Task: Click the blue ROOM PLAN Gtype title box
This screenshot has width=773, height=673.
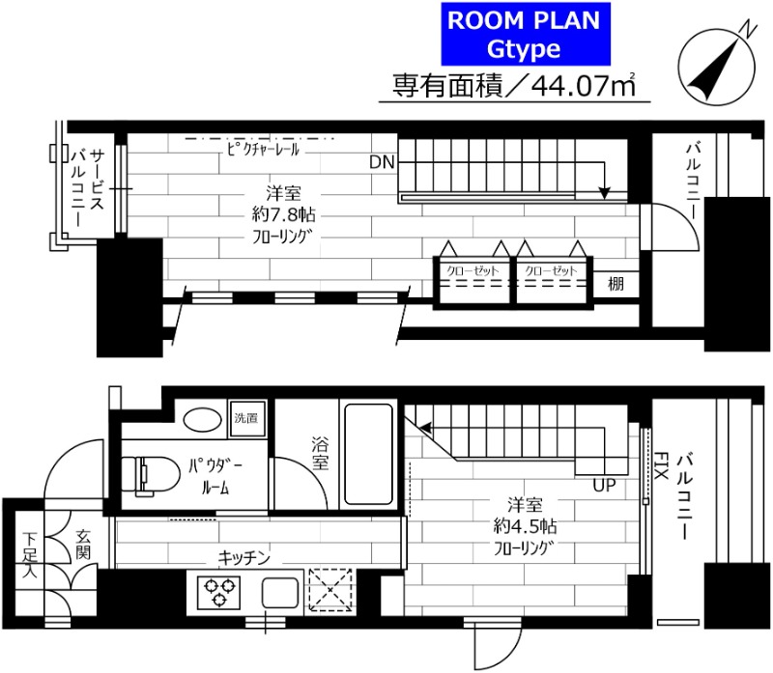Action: tap(521, 34)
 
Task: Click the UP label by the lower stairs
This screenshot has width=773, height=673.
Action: tap(605, 483)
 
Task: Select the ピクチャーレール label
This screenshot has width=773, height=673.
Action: tap(264, 150)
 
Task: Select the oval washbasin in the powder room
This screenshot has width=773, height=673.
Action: tap(202, 420)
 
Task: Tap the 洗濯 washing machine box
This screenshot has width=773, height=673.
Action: tap(247, 419)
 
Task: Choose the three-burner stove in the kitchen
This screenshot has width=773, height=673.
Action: tap(219, 590)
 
